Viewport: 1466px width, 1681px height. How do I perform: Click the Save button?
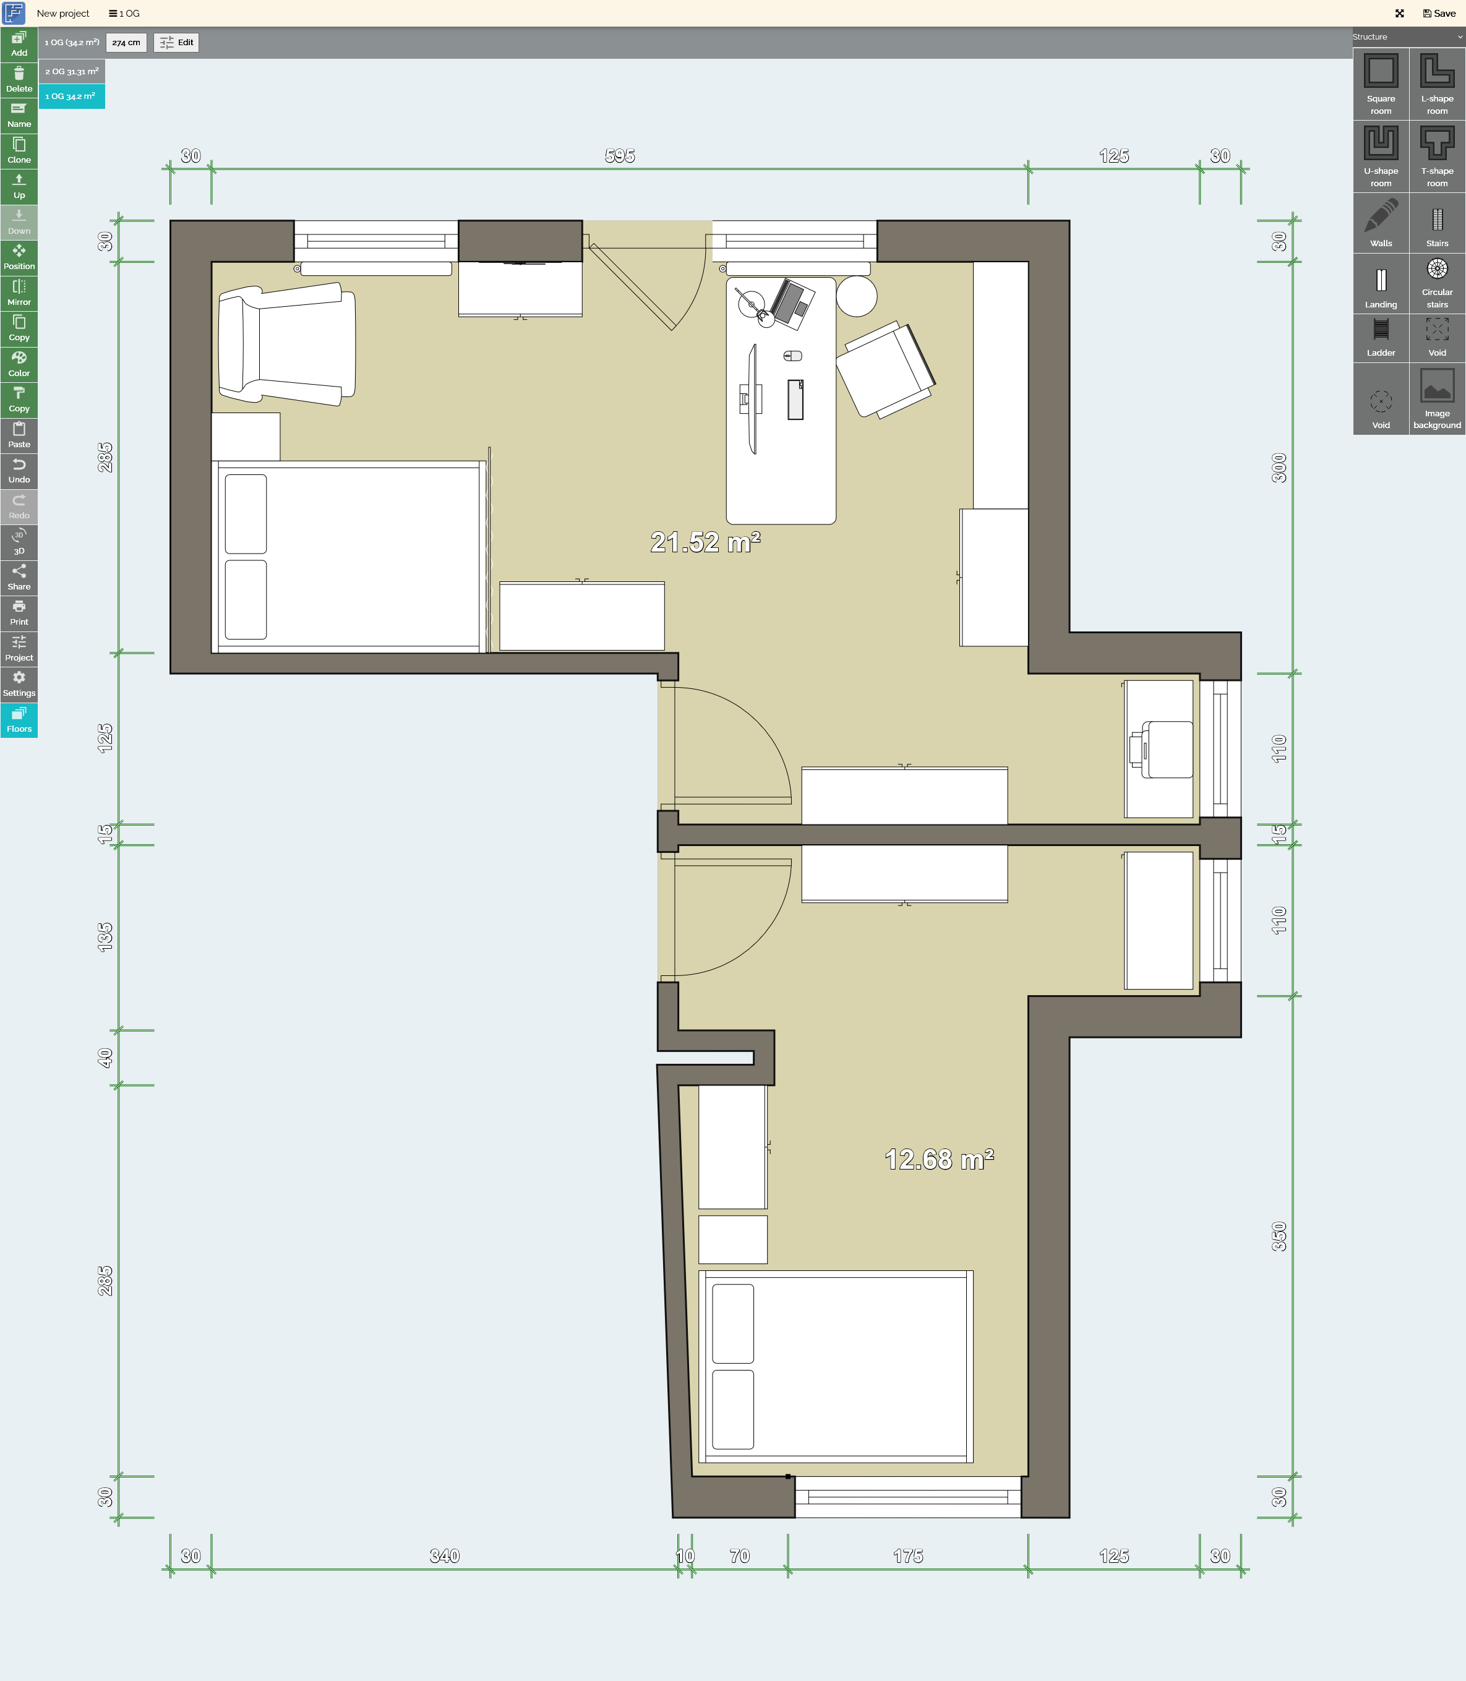(1439, 13)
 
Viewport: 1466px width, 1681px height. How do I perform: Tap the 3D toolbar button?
(19, 542)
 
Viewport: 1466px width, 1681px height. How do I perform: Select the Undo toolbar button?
(19, 471)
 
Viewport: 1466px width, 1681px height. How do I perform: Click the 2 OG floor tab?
(72, 71)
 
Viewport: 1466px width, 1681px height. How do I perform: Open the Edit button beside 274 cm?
(177, 43)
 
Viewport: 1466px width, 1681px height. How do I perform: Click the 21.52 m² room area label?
(705, 542)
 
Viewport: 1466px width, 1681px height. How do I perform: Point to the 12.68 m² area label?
(939, 1159)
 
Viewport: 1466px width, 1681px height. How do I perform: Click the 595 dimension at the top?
(620, 155)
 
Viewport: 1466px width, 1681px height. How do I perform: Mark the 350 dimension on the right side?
(1279, 1236)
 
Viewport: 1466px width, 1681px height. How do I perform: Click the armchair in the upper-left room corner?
(287, 344)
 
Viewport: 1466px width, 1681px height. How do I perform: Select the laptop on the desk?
(792, 304)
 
